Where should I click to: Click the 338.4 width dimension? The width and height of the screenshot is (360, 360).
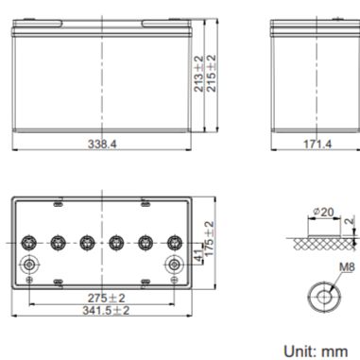pyautogui.click(x=102, y=145)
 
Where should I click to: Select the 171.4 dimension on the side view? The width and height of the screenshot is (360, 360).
pyautogui.click(x=317, y=145)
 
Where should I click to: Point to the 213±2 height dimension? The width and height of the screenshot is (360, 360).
pyautogui.click(x=198, y=74)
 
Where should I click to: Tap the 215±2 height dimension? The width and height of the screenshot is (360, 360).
pyautogui.click(x=212, y=74)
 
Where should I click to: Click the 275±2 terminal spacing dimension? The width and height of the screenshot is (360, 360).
pyautogui.click(x=106, y=298)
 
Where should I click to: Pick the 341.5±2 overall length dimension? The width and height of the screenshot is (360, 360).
pyautogui.click(x=106, y=311)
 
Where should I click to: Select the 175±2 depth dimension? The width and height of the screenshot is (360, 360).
pyautogui.click(x=209, y=238)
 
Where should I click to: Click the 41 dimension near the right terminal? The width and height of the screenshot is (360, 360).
pyautogui.click(x=198, y=256)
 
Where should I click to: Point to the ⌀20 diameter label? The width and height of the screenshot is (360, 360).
pyautogui.click(x=324, y=212)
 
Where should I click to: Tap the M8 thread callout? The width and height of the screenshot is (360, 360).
pyautogui.click(x=347, y=267)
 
